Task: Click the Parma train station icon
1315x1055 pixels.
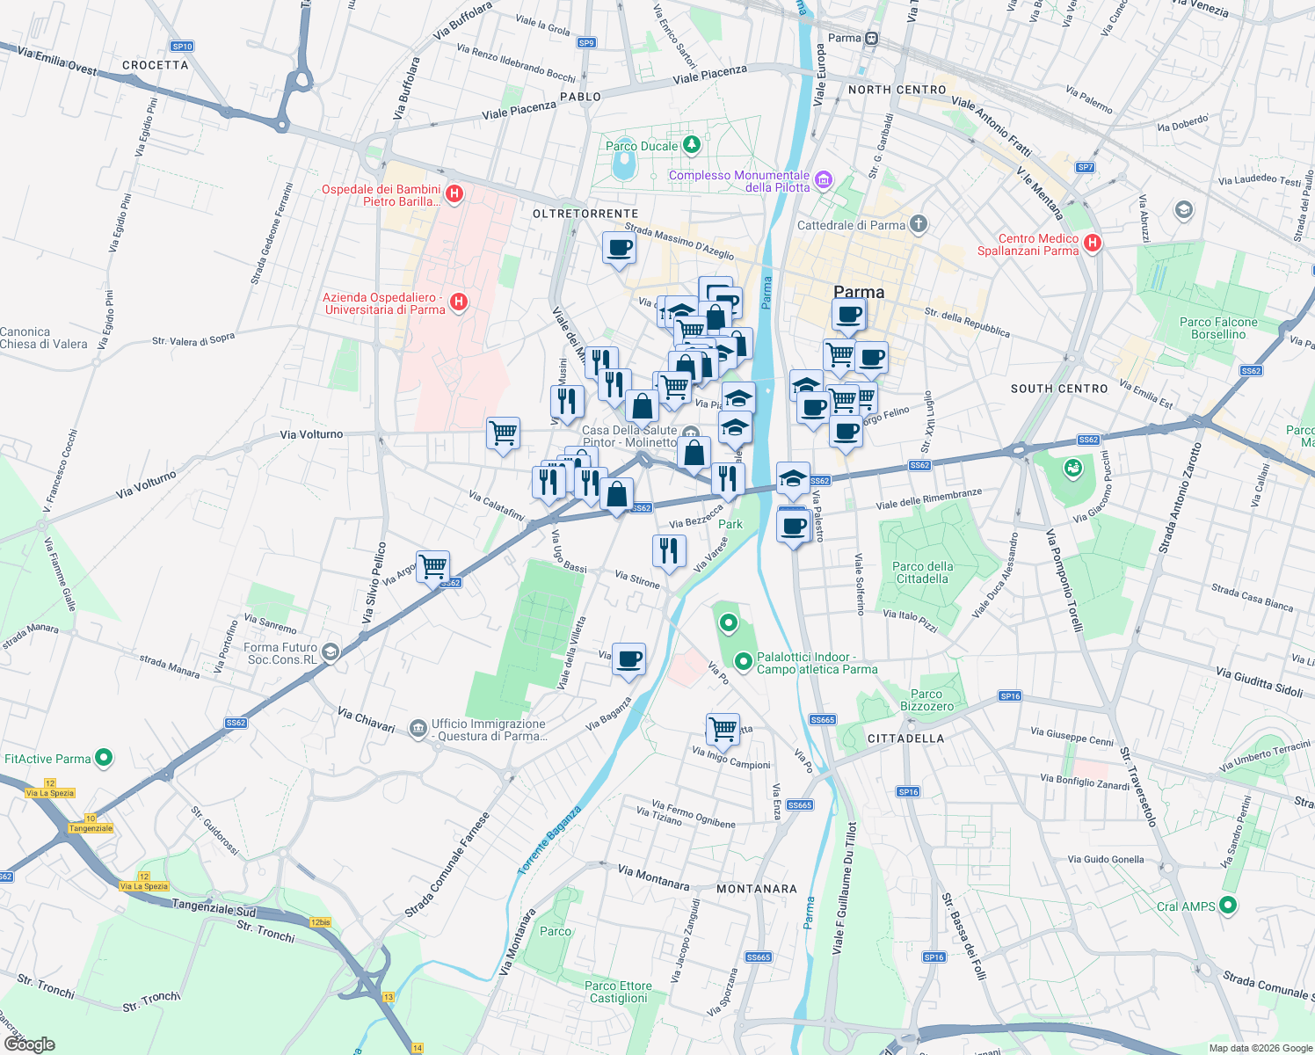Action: [x=871, y=38]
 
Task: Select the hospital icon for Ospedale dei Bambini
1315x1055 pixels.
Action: [x=454, y=194]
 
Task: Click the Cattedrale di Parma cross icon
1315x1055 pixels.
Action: [x=918, y=224]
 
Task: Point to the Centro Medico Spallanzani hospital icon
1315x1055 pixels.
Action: [x=1093, y=243]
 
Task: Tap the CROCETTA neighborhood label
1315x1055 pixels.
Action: [x=156, y=65]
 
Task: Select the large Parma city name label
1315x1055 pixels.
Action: [x=859, y=292]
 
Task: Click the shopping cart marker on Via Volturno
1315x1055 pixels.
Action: [x=503, y=433]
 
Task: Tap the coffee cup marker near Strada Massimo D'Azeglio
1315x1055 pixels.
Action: [x=619, y=248]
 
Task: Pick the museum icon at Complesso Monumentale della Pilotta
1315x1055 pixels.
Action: [x=823, y=180]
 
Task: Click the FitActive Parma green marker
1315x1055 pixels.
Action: [x=104, y=757]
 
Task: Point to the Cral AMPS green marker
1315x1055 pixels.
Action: [x=1229, y=905]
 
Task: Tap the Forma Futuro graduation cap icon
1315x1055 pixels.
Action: [x=331, y=651]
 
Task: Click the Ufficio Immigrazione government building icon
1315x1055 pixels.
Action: [x=418, y=731]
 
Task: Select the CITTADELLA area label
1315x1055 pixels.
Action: [x=905, y=738]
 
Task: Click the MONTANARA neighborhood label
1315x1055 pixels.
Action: [x=757, y=889]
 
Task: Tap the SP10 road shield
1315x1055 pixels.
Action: [x=182, y=47]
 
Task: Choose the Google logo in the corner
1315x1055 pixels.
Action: [x=30, y=1044]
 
